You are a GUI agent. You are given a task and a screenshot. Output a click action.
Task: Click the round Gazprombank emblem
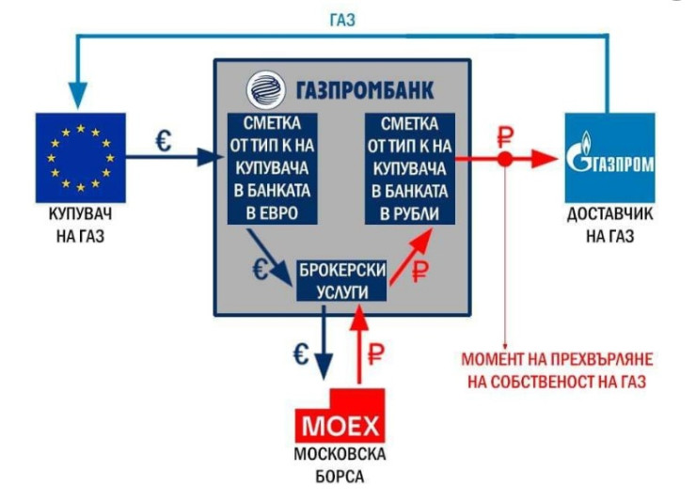pyautogui.click(x=262, y=90)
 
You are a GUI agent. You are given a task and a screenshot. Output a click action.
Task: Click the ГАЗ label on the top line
pyautogui.click(x=341, y=20)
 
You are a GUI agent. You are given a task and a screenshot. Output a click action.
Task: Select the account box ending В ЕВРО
pyautogui.click(x=271, y=167)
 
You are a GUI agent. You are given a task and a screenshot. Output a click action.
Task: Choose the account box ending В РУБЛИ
pyautogui.click(x=410, y=167)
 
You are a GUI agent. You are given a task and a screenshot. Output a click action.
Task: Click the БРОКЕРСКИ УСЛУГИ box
pyautogui.click(x=341, y=280)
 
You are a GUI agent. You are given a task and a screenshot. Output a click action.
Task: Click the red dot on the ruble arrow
pyautogui.click(x=505, y=159)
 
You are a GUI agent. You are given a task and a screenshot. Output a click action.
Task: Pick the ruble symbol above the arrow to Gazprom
pyautogui.click(x=505, y=133)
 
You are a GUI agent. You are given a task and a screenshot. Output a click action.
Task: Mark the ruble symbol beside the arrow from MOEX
pyautogui.click(x=376, y=354)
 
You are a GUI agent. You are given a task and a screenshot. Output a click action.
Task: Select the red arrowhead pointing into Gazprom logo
pyautogui.click(x=546, y=159)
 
